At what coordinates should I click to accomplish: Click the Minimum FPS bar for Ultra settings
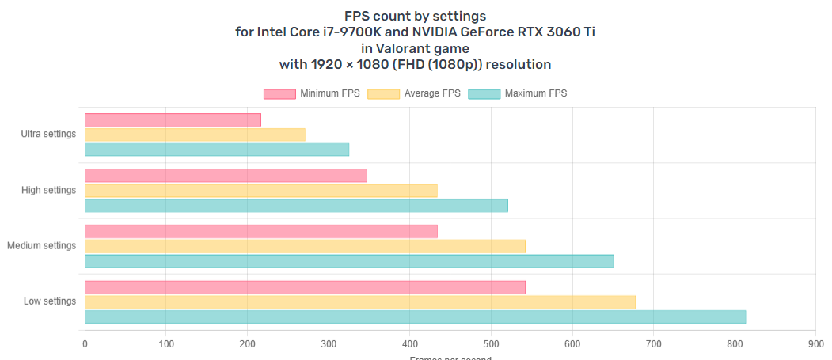click(173, 120)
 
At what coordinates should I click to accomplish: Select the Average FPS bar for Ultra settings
click(195, 135)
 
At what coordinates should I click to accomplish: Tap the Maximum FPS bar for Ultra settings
click(217, 150)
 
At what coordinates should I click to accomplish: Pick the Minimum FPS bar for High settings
click(226, 176)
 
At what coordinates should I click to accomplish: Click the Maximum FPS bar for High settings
click(296, 206)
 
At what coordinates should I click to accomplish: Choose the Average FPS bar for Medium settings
click(305, 246)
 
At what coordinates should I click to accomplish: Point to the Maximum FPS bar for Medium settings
click(349, 261)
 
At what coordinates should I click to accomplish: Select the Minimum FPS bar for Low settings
click(305, 287)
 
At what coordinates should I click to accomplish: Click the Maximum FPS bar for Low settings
click(415, 317)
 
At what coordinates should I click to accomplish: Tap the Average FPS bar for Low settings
click(360, 301)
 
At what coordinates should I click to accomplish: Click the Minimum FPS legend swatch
click(279, 94)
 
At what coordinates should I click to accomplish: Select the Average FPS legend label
click(432, 93)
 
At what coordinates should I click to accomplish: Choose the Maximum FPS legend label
click(536, 93)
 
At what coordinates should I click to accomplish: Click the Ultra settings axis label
click(49, 134)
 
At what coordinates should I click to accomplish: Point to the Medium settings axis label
click(42, 245)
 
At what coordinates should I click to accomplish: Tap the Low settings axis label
click(50, 301)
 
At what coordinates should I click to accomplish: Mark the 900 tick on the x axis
click(815, 344)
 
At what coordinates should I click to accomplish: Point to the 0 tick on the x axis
click(85, 344)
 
